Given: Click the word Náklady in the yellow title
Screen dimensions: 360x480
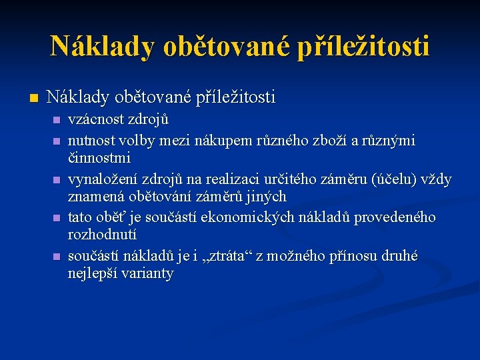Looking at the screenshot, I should [102, 46].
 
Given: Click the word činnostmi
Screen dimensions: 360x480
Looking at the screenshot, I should [99, 159].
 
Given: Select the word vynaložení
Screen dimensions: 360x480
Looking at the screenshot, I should [102, 179].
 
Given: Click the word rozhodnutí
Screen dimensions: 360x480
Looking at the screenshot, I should [101, 235].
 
